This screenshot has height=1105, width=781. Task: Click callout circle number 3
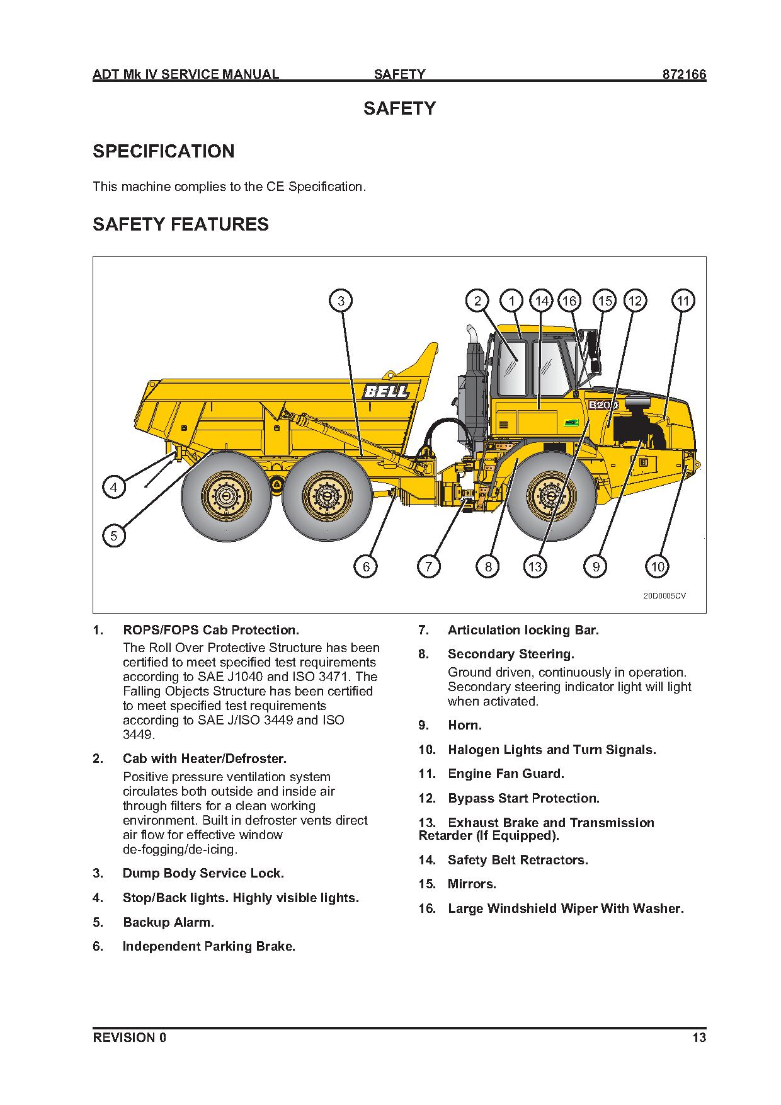click(x=341, y=301)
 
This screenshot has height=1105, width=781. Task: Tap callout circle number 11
click(x=683, y=301)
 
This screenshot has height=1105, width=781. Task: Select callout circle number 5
click(x=114, y=536)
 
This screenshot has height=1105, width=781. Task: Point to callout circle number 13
click(x=535, y=567)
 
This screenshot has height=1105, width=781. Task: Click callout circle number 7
click(x=428, y=567)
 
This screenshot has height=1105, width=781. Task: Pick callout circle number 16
click(x=569, y=301)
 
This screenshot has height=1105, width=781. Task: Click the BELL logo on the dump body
click(x=386, y=392)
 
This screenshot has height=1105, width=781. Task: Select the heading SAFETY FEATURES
click(x=181, y=224)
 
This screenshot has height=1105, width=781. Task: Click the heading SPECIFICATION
click(x=164, y=151)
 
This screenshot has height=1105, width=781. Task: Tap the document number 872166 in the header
click(x=683, y=74)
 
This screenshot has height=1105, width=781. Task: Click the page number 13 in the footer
click(x=699, y=1038)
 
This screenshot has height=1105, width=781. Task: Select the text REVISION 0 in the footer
click(x=130, y=1038)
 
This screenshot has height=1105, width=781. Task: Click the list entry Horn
click(x=465, y=725)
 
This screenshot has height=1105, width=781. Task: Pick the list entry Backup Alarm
click(x=168, y=922)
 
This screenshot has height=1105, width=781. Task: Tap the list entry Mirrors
click(x=472, y=884)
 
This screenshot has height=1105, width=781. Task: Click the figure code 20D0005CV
click(x=664, y=595)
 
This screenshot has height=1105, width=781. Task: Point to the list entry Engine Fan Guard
click(x=506, y=774)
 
